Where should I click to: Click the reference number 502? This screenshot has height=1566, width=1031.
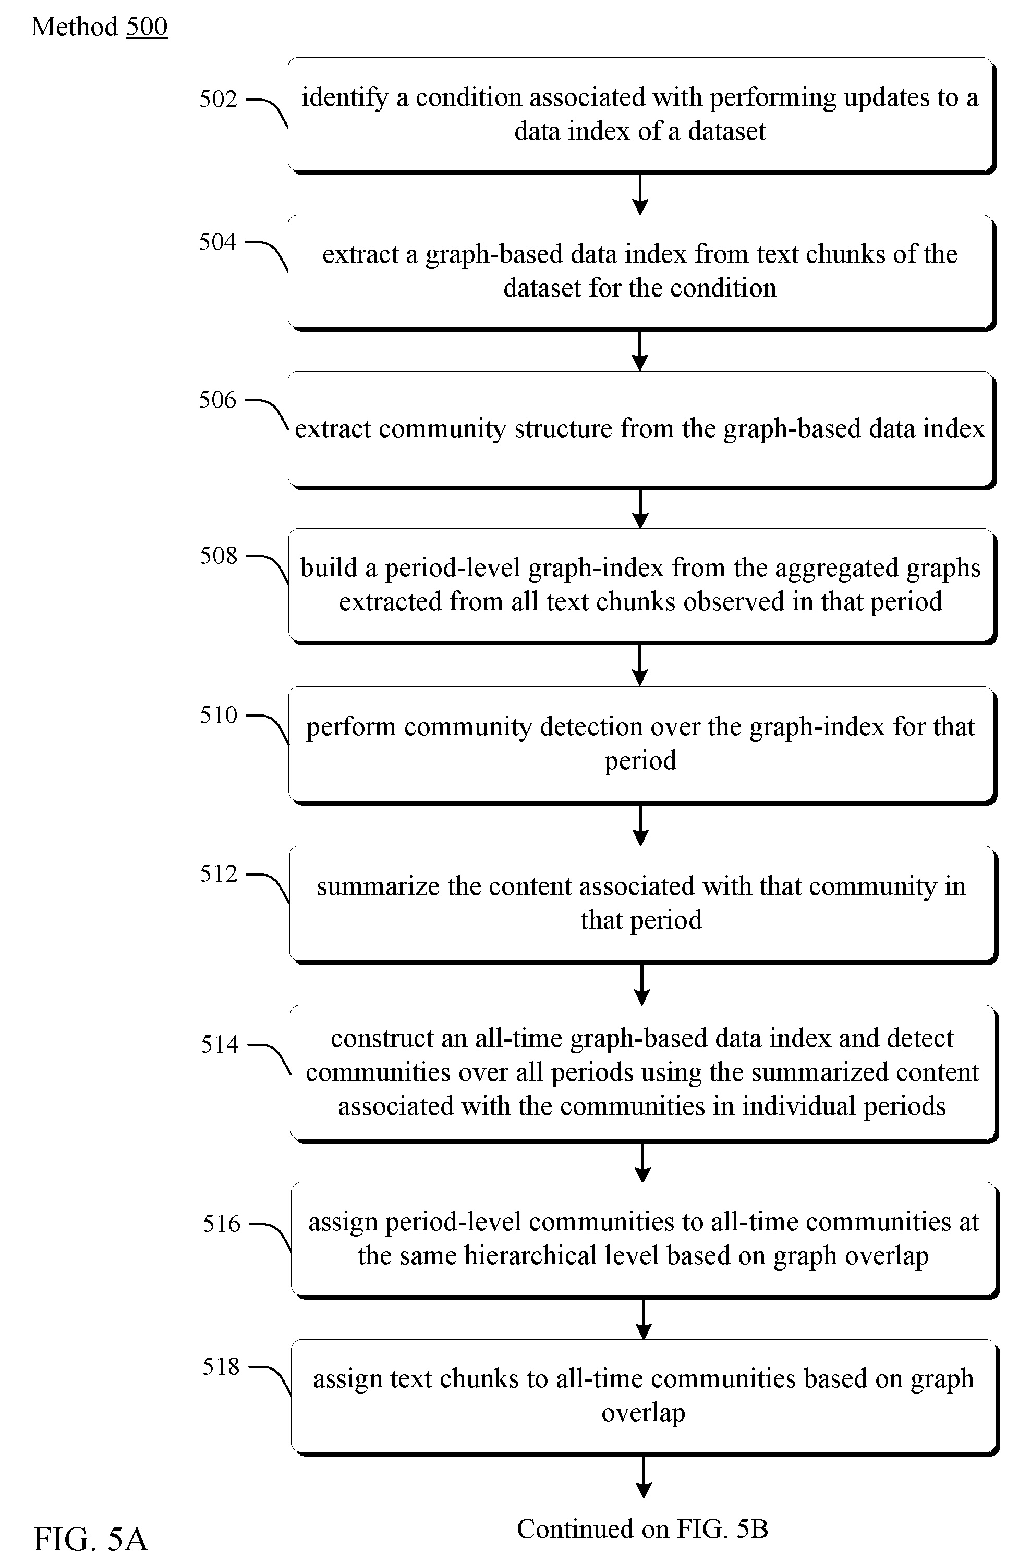(218, 100)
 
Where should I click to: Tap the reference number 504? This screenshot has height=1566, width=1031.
(218, 242)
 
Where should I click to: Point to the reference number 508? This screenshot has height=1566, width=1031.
(219, 556)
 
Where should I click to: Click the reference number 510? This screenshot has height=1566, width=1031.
(219, 715)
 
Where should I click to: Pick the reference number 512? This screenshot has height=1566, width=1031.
(219, 874)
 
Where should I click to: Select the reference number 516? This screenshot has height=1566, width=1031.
(222, 1223)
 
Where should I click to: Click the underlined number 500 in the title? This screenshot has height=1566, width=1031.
(147, 27)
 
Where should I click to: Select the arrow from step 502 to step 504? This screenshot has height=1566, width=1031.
(640, 194)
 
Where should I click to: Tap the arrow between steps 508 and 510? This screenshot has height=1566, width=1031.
(640, 665)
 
